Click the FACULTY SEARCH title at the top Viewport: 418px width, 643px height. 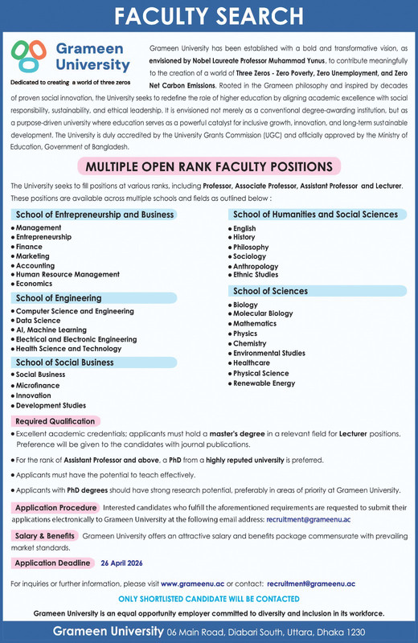tap(209, 16)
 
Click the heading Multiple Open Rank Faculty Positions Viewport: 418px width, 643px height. tap(209, 166)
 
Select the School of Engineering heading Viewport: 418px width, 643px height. tap(59, 297)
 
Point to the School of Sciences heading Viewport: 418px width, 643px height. tap(270, 290)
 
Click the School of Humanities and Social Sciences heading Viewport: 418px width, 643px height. tap(304, 215)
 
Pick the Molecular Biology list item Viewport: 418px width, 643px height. tap(263, 313)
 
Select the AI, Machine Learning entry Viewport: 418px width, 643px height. tap(51, 330)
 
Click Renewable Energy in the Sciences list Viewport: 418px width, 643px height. tap(264, 383)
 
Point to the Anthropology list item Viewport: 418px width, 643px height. tap(255, 266)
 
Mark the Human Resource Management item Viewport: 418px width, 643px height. tap(68, 274)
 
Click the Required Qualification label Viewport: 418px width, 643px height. tap(55, 421)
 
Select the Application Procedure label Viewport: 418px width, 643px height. tap(56, 508)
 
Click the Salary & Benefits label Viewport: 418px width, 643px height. tap(45, 535)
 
